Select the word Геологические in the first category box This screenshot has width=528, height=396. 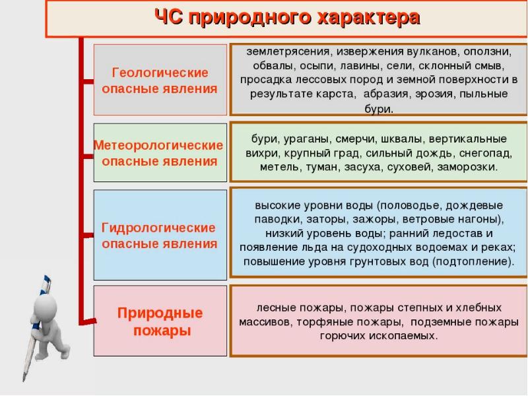pos(160,73)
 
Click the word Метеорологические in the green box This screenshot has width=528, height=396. pos(159,145)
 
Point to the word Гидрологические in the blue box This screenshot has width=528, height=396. pos(159,228)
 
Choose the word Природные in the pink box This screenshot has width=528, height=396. pos(160,313)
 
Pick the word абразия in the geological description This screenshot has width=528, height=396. pos(387,94)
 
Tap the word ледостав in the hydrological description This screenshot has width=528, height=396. pos(459,233)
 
